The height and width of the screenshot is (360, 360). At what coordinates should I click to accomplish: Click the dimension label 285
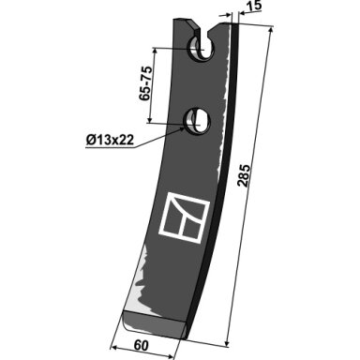(x=244, y=175)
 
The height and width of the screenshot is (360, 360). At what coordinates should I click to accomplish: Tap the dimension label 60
(x=141, y=345)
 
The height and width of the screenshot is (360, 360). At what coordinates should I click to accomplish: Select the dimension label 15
(x=255, y=7)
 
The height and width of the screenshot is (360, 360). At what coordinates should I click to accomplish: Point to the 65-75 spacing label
(x=146, y=83)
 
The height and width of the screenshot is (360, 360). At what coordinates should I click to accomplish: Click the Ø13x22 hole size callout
(x=111, y=140)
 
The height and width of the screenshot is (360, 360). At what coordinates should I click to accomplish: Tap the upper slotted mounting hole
(x=201, y=49)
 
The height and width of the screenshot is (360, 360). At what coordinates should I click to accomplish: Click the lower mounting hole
(x=197, y=121)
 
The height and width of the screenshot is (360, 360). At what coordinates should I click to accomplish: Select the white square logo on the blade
(x=184, y=217)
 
